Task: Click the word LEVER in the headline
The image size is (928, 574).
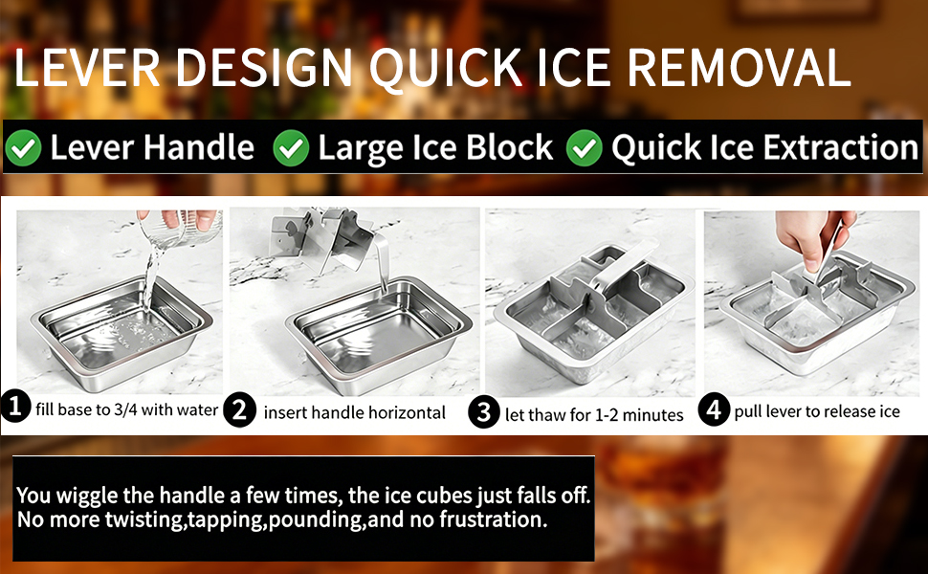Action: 86,68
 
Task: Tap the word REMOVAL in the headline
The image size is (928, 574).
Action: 739,68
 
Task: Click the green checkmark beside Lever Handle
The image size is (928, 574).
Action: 23,148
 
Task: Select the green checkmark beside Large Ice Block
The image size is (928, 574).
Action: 291,148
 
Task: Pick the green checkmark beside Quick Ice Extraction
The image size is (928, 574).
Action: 584,148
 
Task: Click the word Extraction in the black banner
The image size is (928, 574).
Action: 840,147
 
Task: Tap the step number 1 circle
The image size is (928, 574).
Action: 15,407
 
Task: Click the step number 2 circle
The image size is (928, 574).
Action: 240,409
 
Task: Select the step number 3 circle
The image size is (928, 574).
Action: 484,412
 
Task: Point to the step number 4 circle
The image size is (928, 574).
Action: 714,409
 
